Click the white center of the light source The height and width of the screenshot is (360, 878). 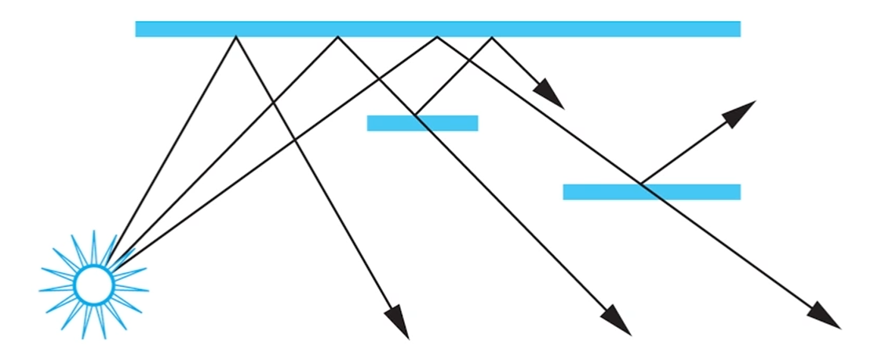click(93, 285)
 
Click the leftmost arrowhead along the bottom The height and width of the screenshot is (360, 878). click(399, 322)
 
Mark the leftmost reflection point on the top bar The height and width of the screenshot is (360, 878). click(235, 37)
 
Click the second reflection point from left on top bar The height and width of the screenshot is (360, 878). click(337, 37)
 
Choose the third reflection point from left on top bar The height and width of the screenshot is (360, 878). click(437, 37)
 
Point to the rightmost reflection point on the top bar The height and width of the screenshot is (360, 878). click(492, 37)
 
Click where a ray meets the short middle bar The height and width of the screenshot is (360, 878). click(415, 116)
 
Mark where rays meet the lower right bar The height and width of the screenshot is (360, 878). click(640, 185)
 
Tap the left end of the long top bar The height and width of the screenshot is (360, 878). click(137, 29)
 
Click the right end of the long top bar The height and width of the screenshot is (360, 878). click(738, 29)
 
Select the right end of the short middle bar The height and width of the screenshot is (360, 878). click(475, 123)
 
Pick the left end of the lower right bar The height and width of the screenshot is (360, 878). click(566, 192)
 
